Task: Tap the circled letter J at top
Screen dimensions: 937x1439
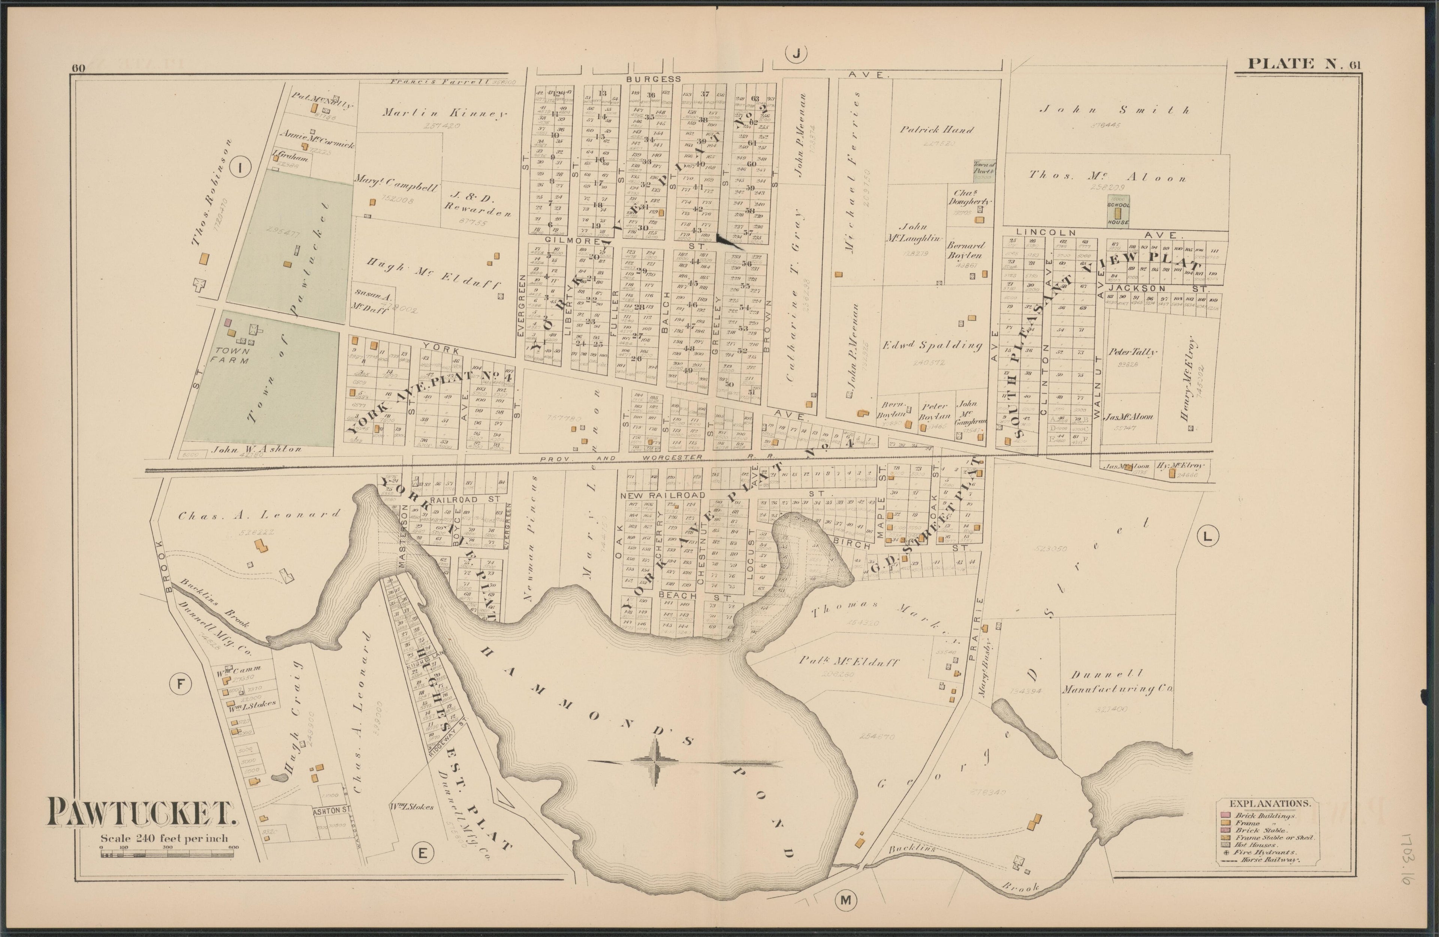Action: click(x=796, y=54)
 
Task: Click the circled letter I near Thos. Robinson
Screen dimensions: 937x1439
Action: click(x=240, y=168)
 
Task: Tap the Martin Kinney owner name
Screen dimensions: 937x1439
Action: click(x=444, y=113)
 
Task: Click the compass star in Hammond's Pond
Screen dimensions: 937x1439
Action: click(x=657, y=762)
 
